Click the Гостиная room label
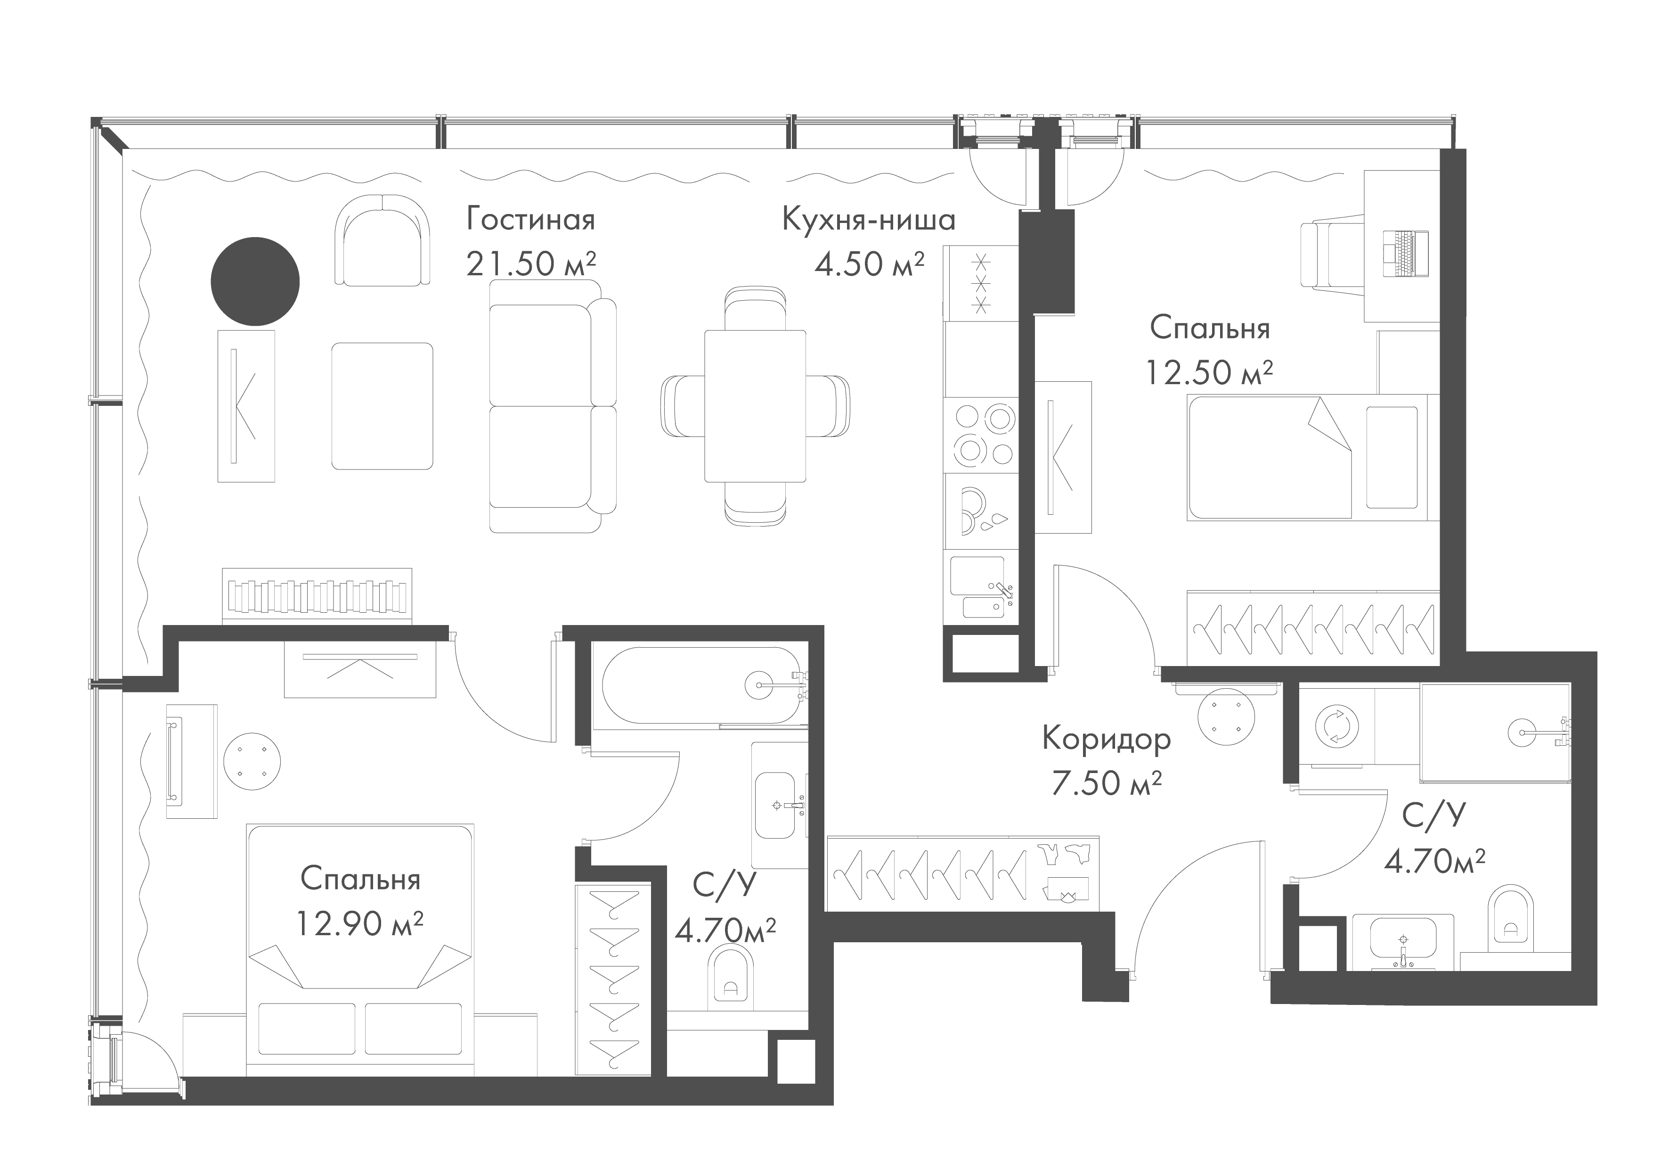[x=530, y=220]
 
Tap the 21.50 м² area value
[x=530, y=264]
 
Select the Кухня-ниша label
[x=868, y=220]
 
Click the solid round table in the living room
[x=255, y=281]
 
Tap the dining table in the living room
[x=755, y=405]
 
